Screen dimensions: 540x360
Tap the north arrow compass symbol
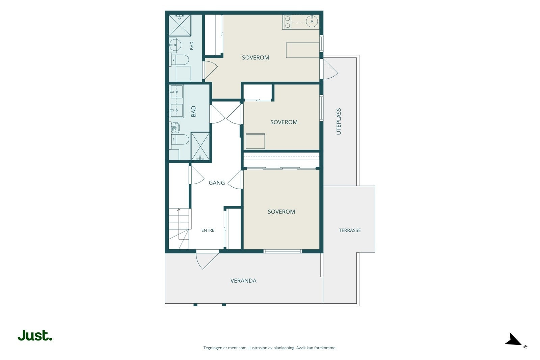515,340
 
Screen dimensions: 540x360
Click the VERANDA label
243,281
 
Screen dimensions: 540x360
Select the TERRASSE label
350,230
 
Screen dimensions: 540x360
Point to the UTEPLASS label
339,121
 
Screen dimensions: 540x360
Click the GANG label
217,183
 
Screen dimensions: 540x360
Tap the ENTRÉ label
208,230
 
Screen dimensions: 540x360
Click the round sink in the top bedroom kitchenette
312,21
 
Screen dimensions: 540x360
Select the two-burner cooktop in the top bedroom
287,22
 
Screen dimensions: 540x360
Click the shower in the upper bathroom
180,25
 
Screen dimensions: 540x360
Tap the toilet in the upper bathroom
180,60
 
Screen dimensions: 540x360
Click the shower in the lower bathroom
200,146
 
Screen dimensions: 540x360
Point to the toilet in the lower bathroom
180,140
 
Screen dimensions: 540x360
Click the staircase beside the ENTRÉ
179,228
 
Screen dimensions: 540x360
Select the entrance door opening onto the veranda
207,259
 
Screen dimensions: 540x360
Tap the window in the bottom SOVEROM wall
282,251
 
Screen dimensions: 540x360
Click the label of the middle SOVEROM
284,122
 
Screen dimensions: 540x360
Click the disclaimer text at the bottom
270,348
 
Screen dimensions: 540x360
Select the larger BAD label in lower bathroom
193,112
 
